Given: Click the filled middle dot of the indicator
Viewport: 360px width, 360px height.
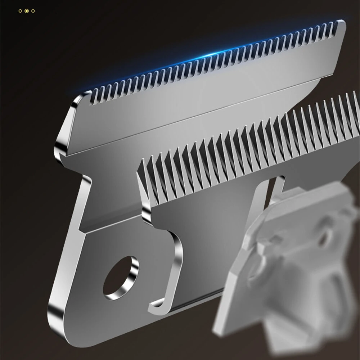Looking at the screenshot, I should point(27,11).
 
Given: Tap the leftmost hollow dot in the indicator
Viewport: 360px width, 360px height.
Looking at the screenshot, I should point(21,11).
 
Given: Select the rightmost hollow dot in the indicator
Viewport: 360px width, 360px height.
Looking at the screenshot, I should point(33,11).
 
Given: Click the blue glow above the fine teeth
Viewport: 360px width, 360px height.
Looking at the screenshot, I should point(202,54).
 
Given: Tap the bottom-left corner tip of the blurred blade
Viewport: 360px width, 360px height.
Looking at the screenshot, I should point(216,329).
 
